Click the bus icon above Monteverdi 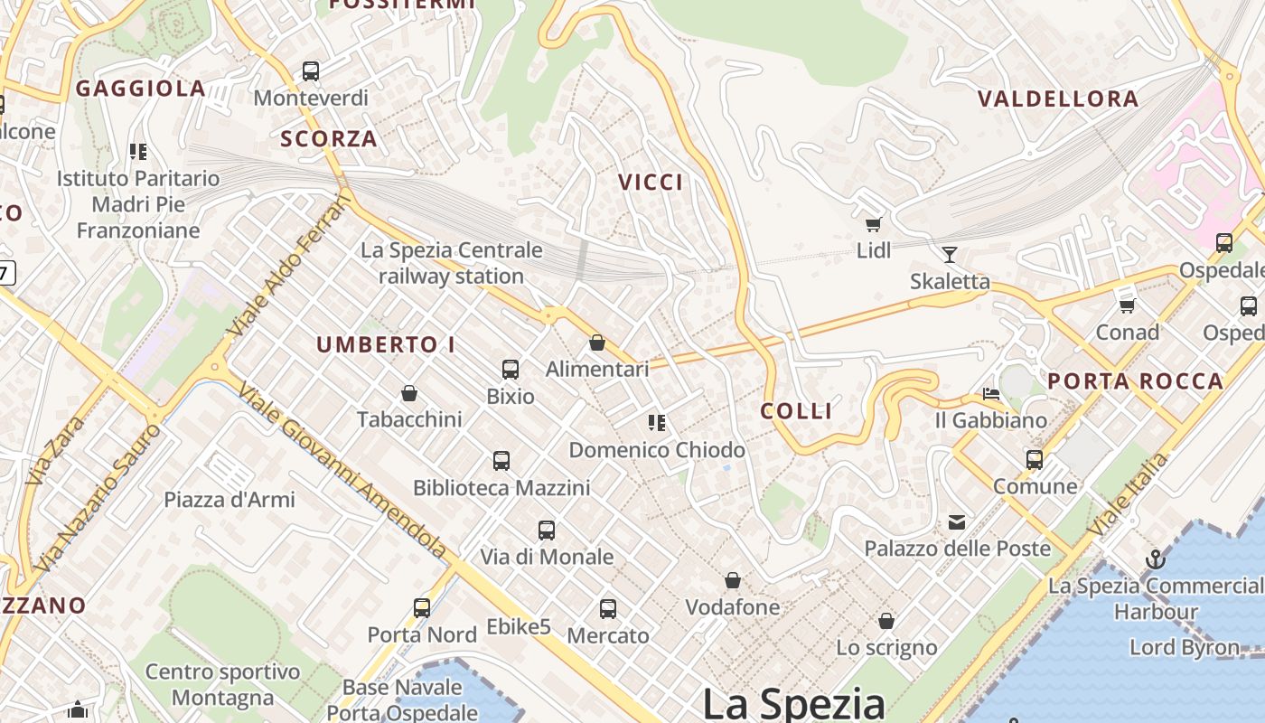(x=311, y=70)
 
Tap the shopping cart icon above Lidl (x=873, y=224)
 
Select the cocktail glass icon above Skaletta (x=949, y=254)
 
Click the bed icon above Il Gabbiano (x=991, y=394)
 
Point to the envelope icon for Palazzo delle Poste (x=957, y=522)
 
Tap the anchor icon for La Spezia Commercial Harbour (x=1155, y=559)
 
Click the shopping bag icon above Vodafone (x=733, y=580)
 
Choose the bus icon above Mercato (x=608, y=609)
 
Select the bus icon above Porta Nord (x=422, y=607)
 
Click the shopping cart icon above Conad (x=1127, y=305)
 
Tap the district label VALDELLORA (x=1058, y=99)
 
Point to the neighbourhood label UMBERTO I (x=386, y=344)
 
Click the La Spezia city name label (x=793, y=704)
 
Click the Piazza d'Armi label (x=230, y=499)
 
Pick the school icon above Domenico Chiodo (x=657, y=422)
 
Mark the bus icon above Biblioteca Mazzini (x=501, y=461)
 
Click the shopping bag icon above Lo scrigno (x=886, y=621)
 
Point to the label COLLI (x=796, y=411)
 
